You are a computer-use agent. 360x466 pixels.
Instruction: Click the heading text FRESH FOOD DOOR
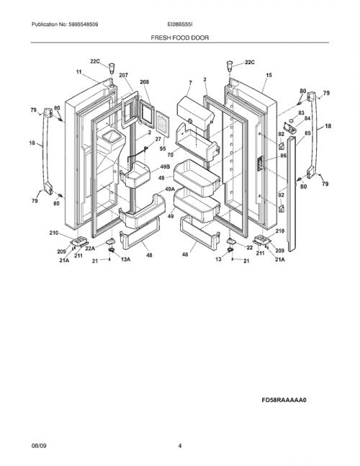[x=180, y=37]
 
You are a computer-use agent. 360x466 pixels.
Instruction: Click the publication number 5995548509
[x=84, y=24]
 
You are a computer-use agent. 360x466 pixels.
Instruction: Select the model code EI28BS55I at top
[x=180, y=24]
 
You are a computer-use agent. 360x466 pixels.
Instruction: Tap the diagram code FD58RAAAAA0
[x=284, y=400]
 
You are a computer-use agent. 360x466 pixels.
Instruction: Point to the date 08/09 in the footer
[x=39, y=446]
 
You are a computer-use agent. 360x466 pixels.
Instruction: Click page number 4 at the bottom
[x=180, y=446]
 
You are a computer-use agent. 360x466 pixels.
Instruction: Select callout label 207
[x=124, y=75]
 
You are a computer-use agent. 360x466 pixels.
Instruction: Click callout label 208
[x=144, y=81]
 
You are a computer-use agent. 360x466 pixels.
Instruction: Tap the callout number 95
[x=163, y=148]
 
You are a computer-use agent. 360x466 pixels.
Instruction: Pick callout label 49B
[x=165, y=167]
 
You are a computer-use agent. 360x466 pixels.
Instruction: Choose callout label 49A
[x=170, y=189]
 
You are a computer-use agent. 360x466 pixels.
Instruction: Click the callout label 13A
[x=125, y=259]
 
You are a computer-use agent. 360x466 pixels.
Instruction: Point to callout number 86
[x=284, y=156]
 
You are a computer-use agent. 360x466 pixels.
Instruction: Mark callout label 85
[x=307, y=133]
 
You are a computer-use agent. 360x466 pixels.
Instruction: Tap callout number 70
[x=170, y=155]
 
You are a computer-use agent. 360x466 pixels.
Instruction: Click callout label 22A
[x=90, y=248]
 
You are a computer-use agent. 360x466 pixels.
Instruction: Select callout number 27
[x=158, y=139]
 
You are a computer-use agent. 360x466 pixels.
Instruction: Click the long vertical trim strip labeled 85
[x=292, y=193]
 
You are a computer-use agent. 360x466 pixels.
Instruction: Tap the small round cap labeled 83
[x=292, y=120]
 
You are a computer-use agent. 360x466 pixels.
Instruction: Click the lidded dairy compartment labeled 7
[x=195, y=113]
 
